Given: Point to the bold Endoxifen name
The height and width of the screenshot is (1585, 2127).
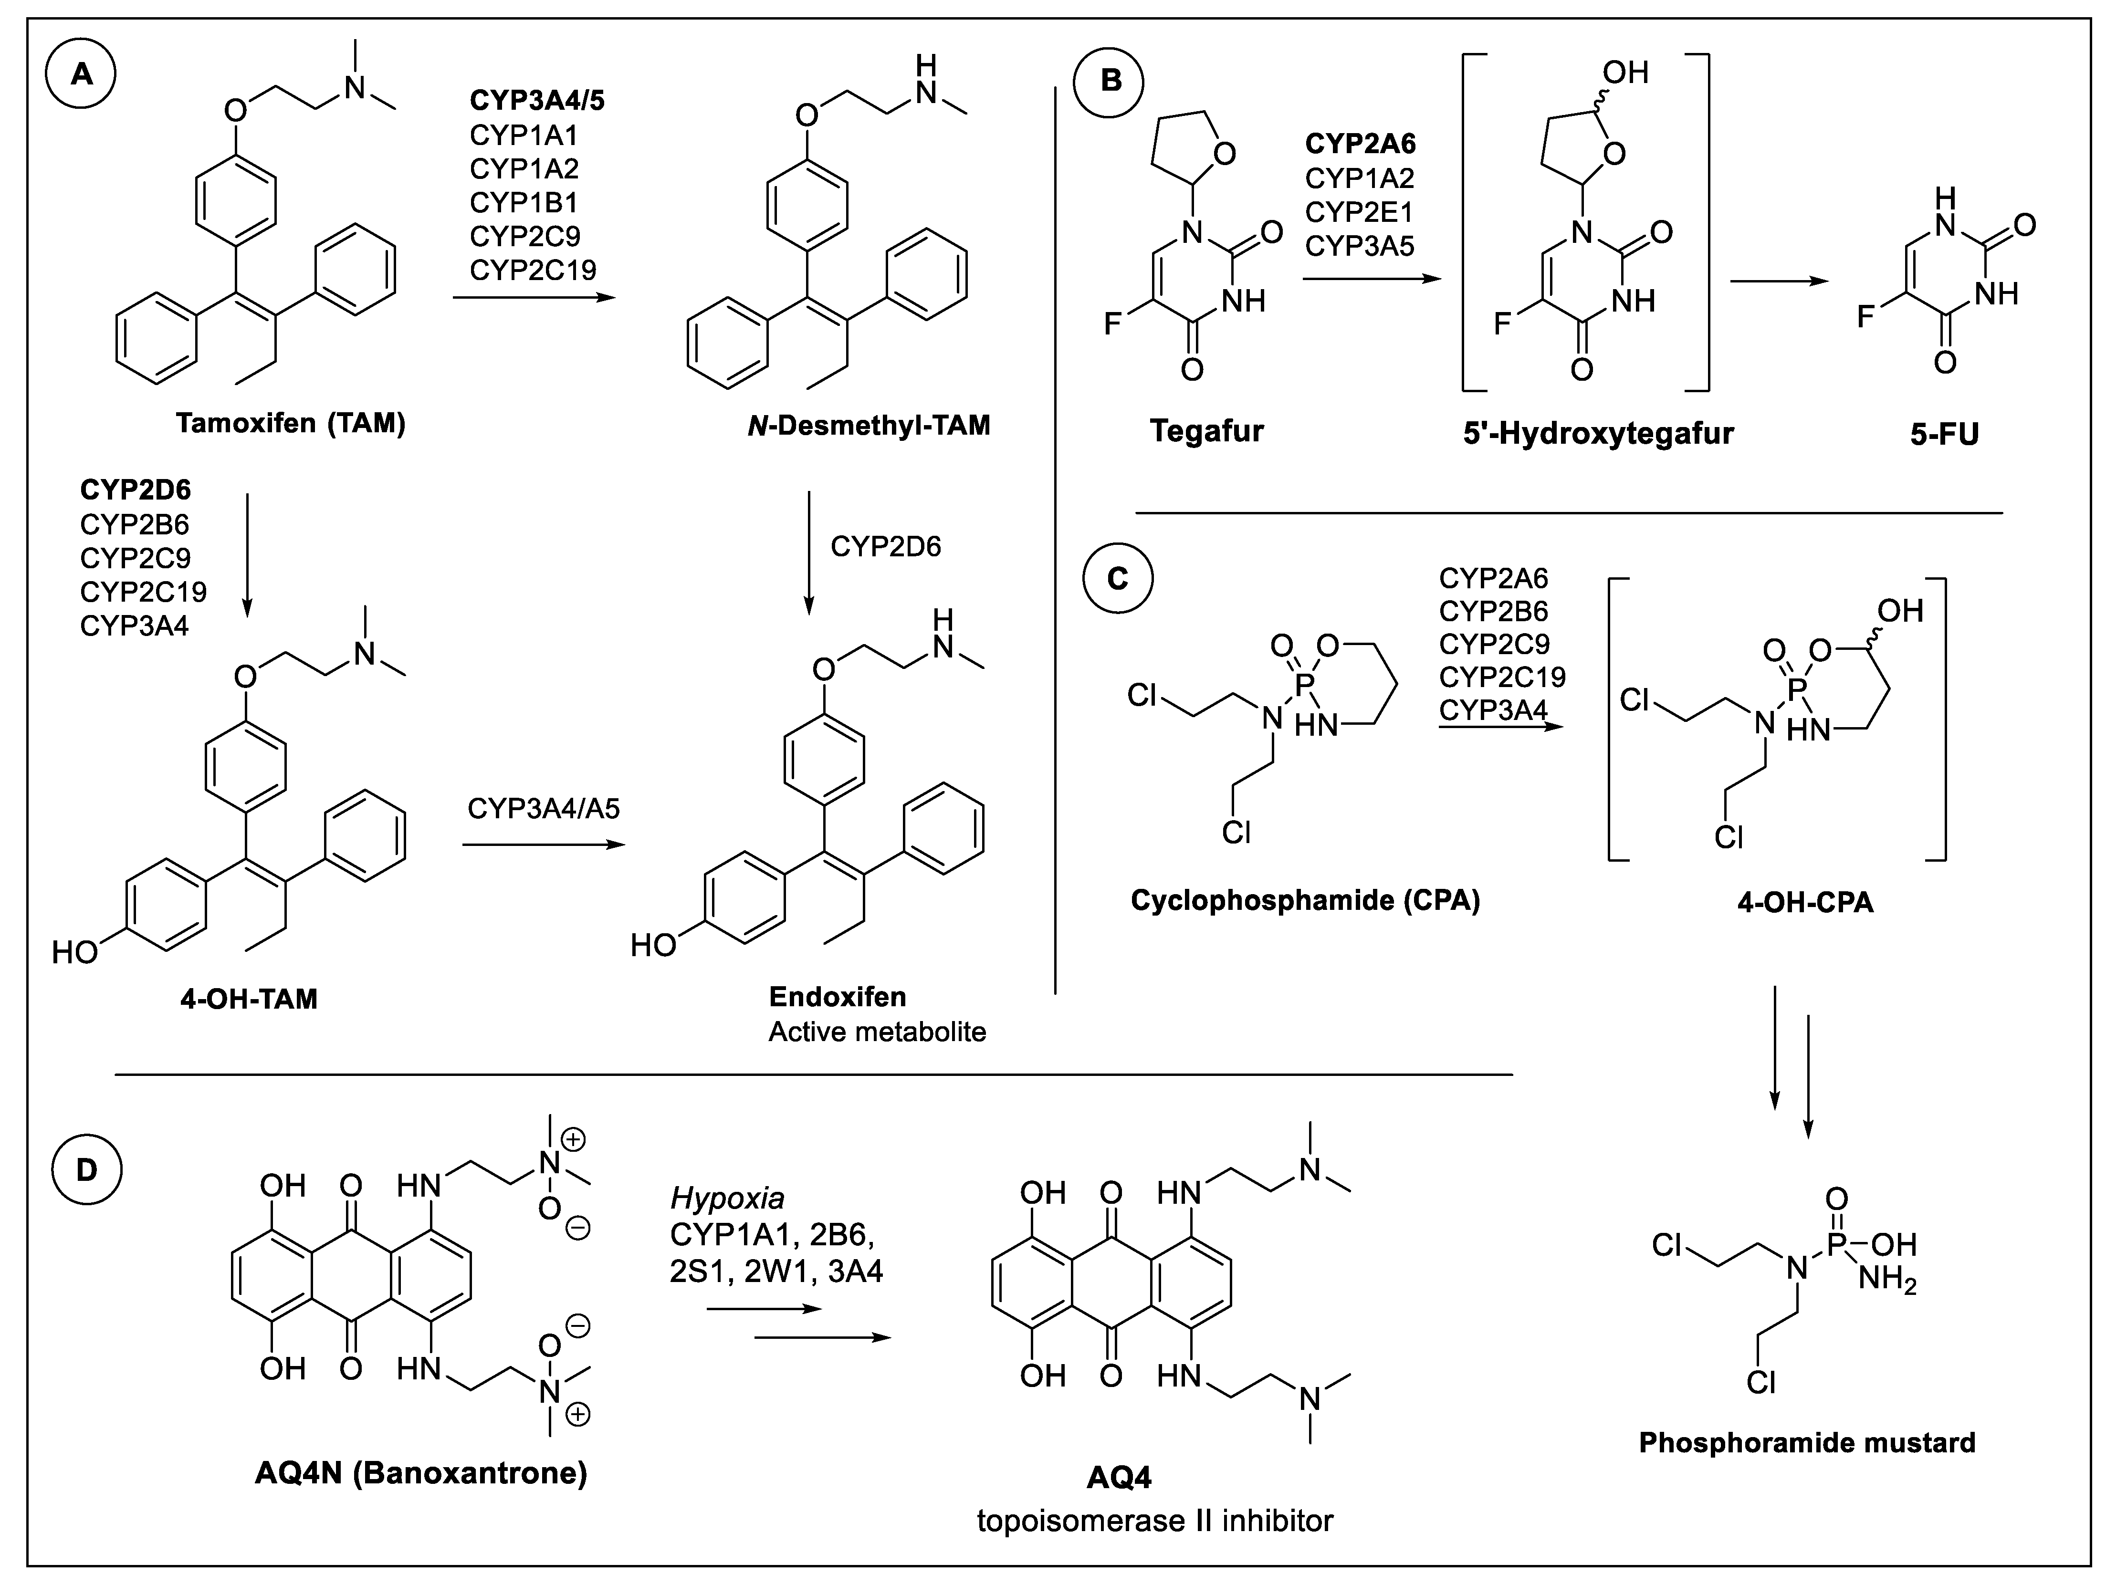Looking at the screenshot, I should [x=837, y=997].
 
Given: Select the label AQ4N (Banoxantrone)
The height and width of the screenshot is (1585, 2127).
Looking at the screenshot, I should [x=420, y=1472].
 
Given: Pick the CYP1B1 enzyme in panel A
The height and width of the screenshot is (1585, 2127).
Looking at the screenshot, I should [x=523, y=202].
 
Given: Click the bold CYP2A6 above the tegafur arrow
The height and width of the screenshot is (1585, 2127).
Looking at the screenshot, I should [x=1360, y=144].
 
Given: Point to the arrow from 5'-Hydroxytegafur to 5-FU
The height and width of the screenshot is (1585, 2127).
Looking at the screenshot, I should [x=1777, y=281].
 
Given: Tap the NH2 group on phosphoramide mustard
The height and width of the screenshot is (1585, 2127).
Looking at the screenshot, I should [x=1886, y=1280].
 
